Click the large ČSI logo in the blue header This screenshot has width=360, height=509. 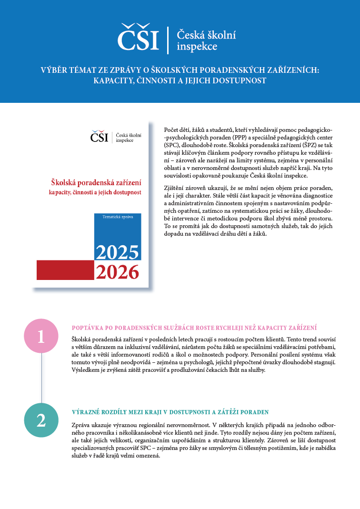click(x=138, y=38)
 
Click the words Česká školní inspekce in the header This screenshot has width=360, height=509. click(x=206, y=40)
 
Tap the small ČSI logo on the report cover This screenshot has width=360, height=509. click(x=99, y=137)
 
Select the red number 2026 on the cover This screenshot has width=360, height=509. click(x=117, y=272)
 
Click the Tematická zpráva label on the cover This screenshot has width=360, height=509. click(x=118, y=217)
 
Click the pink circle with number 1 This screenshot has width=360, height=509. click(x=41, y=337)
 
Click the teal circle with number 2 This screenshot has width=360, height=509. click(x=41, y=419)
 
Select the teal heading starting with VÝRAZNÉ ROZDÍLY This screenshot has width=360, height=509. click(x=170, y=412)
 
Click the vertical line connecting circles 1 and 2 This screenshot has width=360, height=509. click(x=41, y=379)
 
